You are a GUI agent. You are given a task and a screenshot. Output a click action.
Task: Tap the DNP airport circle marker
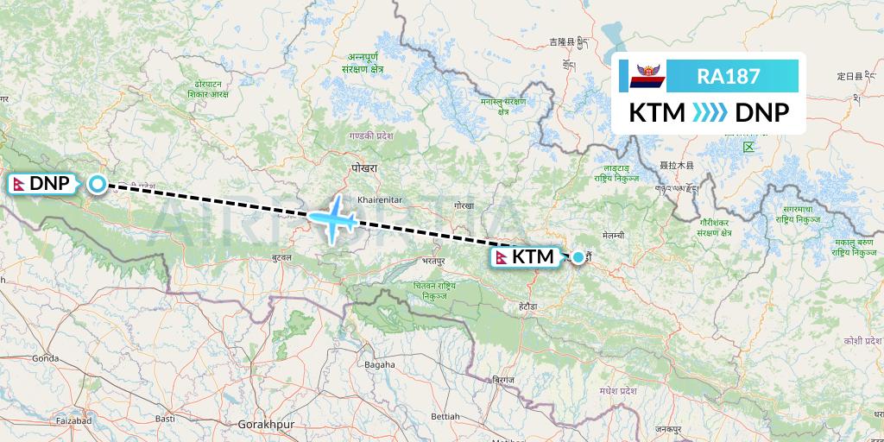98,183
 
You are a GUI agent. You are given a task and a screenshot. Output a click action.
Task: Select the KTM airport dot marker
578,256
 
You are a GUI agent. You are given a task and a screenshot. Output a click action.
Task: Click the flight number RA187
729,77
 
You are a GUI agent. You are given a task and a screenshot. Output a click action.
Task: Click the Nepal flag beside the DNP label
18,183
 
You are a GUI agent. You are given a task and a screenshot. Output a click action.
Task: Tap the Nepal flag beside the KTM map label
502,257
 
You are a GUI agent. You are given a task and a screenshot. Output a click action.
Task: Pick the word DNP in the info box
755,113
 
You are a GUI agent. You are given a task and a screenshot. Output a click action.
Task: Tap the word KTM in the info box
656,113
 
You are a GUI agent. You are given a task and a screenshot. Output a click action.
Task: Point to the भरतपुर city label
435,259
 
